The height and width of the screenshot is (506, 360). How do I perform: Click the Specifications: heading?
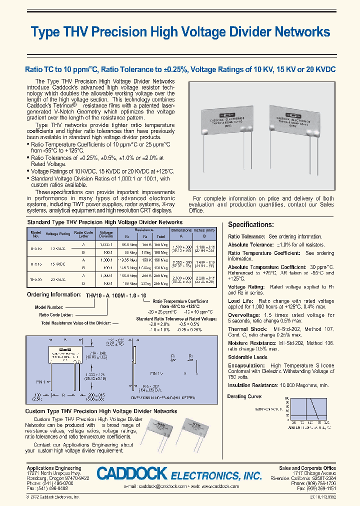[x=251, y=224]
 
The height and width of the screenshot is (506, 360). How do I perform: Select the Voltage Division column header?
[x=106, y=234]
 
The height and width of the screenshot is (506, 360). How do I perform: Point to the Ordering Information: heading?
[x=55, y=295]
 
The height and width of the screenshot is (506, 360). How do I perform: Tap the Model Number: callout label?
[x=49, y=307]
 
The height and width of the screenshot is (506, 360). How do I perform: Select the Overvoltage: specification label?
[x=244, y=315]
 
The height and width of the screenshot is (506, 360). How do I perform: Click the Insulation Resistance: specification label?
[x=253, y=385]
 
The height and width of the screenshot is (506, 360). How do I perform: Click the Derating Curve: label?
[x=244, y=396]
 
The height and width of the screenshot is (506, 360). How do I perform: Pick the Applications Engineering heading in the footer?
[x=53, y=468]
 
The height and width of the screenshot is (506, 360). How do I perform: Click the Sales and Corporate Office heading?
[x=307, y=468]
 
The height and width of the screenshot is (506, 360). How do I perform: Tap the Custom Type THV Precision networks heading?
[x=101, y=411]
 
